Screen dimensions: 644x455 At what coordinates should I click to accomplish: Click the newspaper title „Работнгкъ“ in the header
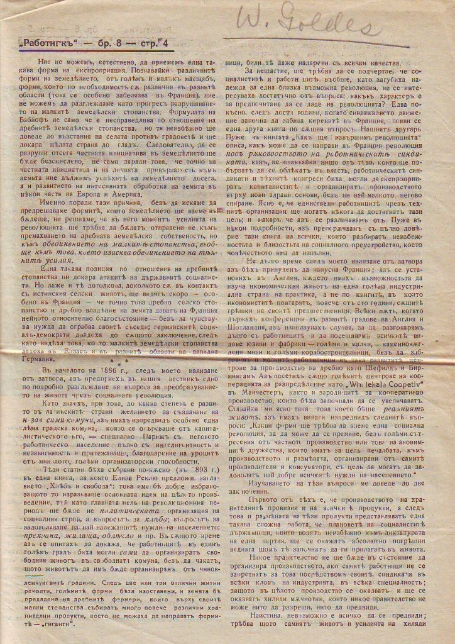(x=45, y=45)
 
